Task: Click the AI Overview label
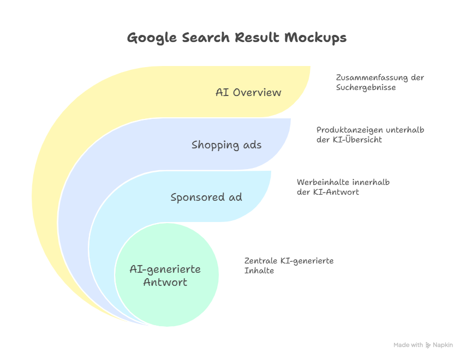[x=248, y=92]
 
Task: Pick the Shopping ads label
[x=226, y=145]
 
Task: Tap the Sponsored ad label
[x=206, y=197]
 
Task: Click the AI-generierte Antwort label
[x=165, y=275]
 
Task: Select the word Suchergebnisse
[x=366, y=87]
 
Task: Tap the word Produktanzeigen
[x=349, y=130]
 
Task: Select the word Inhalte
[x=259, y=271]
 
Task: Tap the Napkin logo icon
[x=428, y=345]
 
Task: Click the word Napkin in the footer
[x=443, y=345]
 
